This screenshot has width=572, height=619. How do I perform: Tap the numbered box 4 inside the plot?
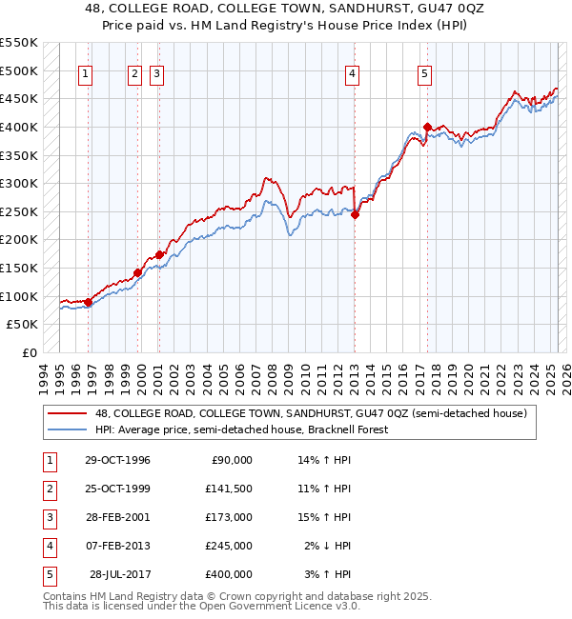[x=352, y=75]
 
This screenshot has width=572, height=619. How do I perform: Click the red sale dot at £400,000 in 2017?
[x=427, y=127]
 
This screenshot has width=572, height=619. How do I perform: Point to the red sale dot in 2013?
[x=355, y=215]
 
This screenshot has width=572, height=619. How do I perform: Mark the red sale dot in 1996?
[x=89, y=302]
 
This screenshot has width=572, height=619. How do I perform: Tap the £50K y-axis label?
[x=23, y=325]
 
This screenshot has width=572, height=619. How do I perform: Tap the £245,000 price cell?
[x=229, y=546]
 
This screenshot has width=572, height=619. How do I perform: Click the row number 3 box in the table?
[x=47, y=517]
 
